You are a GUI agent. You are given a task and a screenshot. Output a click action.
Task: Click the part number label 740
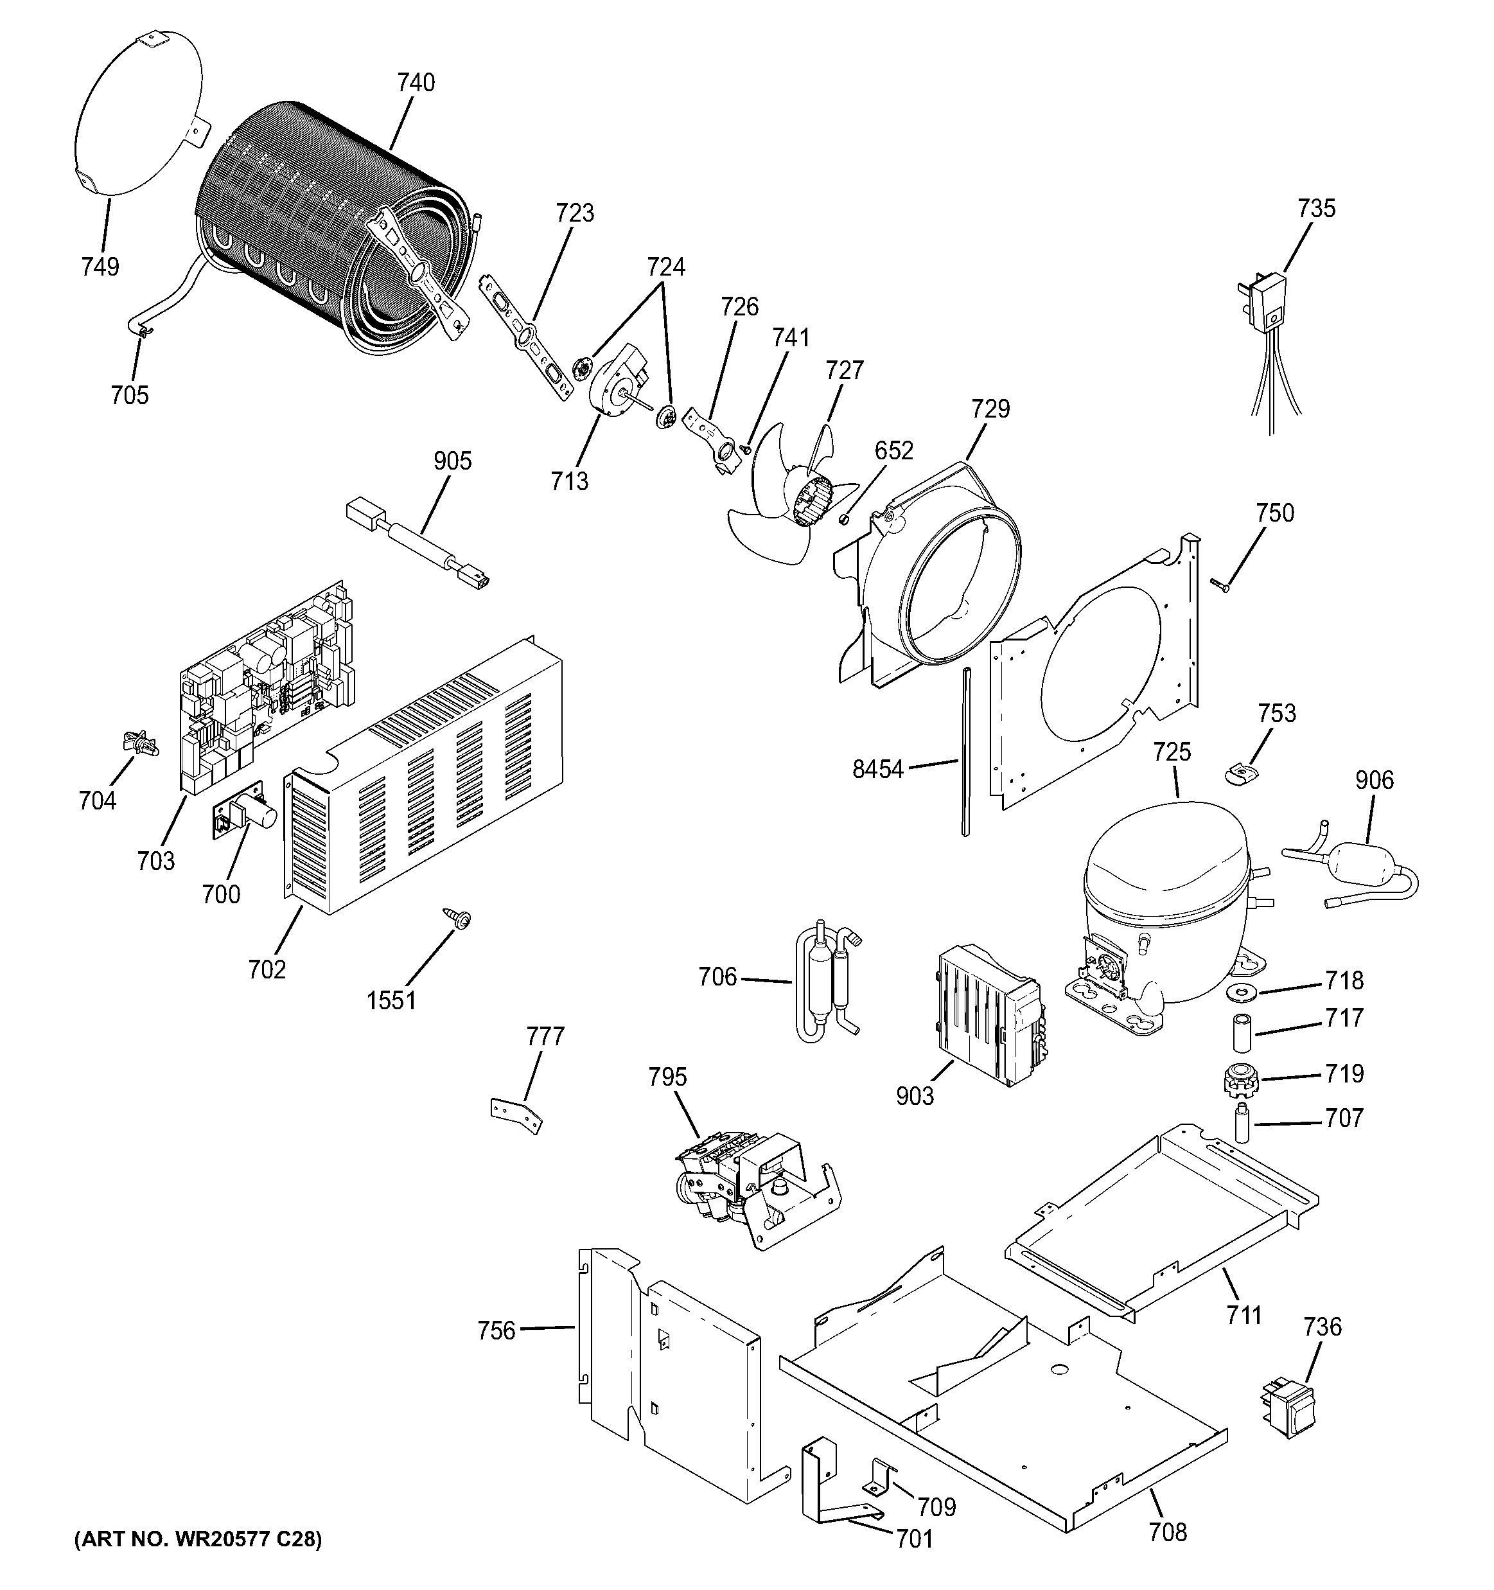(x=416, y=82)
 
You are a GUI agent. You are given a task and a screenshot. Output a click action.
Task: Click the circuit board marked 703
(x=264, y=688)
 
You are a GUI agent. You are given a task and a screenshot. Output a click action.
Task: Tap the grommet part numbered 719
(x=1240, y=1080)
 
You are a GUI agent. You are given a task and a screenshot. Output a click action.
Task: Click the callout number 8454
(x=877, y=770)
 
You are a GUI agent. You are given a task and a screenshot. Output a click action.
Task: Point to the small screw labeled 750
(x=1219, y=587)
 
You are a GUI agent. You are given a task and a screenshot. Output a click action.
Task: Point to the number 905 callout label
(x=453, y=461)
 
